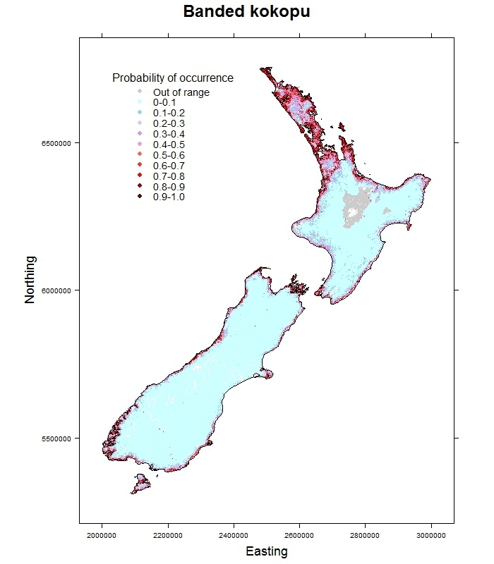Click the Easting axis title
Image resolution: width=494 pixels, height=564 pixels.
pyautogui.click(x=266, y=551)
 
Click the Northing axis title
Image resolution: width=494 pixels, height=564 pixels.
pyautogui.click(x=30, y=289)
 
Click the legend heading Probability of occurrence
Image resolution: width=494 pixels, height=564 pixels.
pyautogui.click(x=173, y=78)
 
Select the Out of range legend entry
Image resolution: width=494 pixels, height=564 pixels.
pyautogui.click(x=181, y=92)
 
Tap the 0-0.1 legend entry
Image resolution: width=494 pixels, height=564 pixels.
pyautogui.click(x=164, y=103)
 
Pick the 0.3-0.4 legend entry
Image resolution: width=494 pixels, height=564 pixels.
pyautogui.click(x=169, y=134)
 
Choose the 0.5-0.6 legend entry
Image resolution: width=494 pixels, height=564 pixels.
pyautogui.click(x=169, y=155)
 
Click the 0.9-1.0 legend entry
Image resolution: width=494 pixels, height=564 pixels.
pyautogui.click(x=169, y=197)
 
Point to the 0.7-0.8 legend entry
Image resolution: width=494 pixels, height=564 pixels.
pyautogui.click(x=169, y=176)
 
